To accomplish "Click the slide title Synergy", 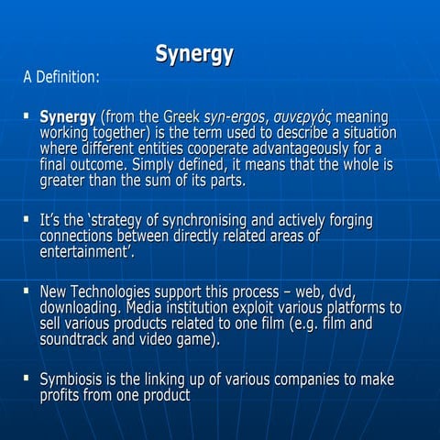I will [193, 54].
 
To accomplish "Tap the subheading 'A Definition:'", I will [60, 78].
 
